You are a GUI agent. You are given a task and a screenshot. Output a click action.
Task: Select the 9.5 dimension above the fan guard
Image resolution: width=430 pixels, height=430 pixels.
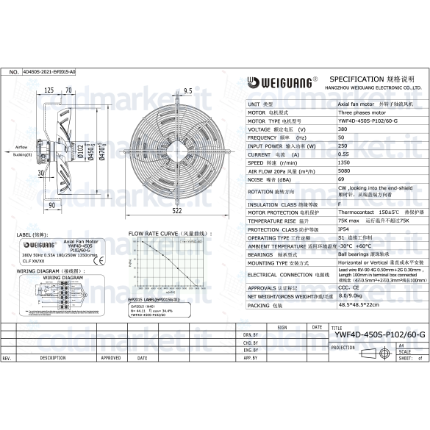187,91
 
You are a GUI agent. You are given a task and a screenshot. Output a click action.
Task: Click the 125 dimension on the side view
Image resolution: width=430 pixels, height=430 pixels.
49,90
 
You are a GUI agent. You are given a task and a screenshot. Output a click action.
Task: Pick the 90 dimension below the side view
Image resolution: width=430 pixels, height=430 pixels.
52,205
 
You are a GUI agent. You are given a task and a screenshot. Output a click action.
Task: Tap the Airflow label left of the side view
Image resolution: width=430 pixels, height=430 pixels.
22,148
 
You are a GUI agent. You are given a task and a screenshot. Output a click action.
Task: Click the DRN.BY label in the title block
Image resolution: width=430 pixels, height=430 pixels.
251,335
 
